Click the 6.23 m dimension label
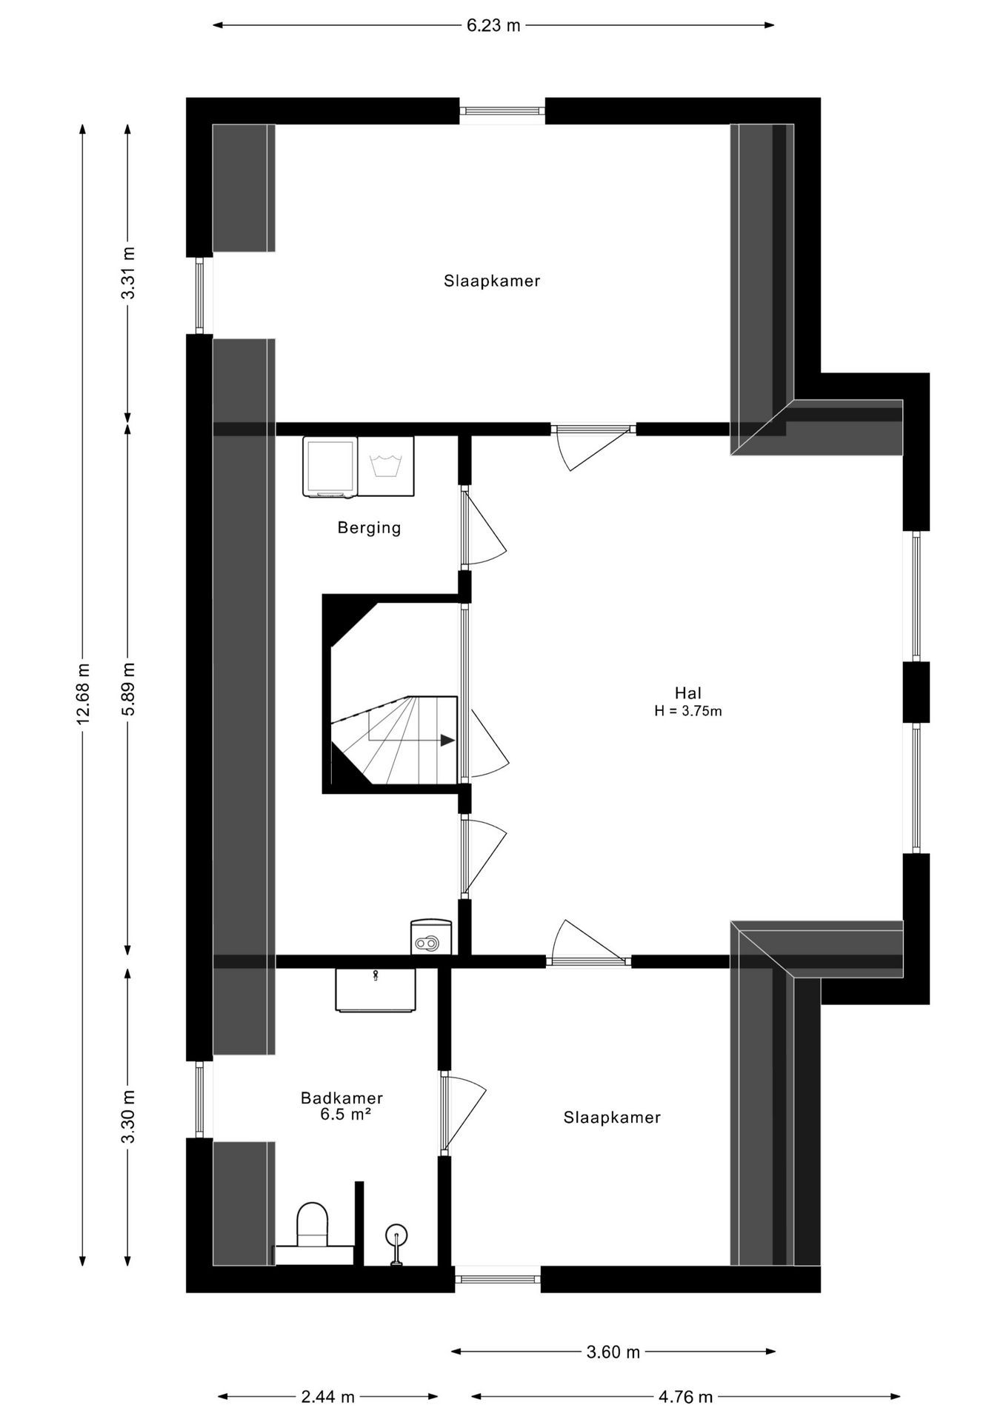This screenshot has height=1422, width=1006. click(493, 26)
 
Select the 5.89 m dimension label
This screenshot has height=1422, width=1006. click(129, 688)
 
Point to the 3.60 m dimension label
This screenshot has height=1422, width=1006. click(613, 1352)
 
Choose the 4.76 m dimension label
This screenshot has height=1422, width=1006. click(685, 1397)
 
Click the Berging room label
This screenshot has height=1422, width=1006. click(369, 528)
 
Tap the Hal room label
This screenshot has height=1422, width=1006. click(687, 693)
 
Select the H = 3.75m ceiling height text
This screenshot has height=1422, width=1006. click(687, 712)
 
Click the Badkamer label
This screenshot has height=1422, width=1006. click(342, 1098)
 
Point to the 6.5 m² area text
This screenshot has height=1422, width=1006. click(345, 1115)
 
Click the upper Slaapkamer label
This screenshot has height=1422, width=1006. click(492, 281)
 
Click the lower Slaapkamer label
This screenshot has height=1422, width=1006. click(612, 1118)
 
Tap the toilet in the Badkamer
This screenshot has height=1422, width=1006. click(313, 1226)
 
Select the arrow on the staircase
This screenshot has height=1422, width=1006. click(447, 740)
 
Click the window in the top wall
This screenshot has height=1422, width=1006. click(502, 111)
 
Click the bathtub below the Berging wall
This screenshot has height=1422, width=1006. click(375, 989)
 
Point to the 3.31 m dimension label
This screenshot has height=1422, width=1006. click(129, 273)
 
